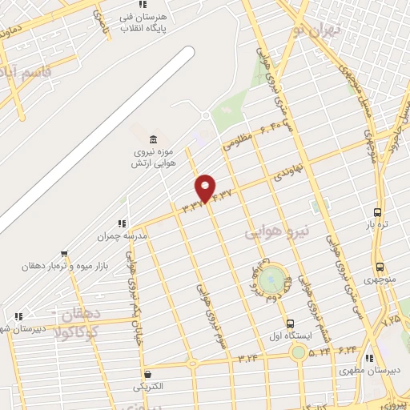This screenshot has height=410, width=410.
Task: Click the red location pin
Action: [206, 187]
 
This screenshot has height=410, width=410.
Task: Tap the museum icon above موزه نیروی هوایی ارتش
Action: [143, 139]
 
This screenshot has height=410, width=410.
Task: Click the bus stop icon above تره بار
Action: [377, 213]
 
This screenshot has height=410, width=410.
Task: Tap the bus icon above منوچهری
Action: [378, 267]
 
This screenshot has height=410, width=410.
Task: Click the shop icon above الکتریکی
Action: [147, 375]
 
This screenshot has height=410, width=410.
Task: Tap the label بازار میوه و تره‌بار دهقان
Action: [70, 264]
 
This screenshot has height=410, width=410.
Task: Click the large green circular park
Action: [272, 279]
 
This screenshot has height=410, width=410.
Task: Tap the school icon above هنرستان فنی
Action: [143, 5]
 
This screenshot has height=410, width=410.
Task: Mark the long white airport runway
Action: [96, 136]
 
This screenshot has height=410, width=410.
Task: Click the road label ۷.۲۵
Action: [392, 320]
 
